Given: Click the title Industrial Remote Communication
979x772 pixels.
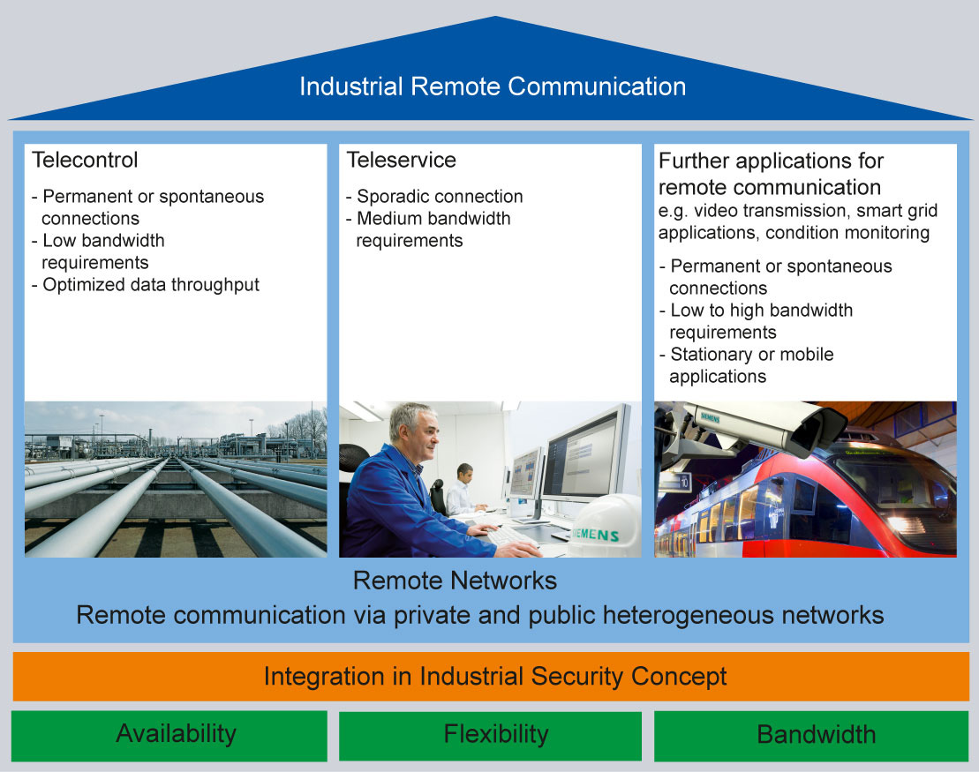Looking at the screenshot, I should point(493,86).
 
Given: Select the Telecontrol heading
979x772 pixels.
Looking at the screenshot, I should point(85,161).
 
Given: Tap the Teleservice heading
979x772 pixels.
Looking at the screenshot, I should point(401,161).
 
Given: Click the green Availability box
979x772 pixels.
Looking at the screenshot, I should point(176,734).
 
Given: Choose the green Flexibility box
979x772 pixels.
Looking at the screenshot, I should point(496,734).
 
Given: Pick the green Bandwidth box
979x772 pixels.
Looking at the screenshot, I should point(817,735).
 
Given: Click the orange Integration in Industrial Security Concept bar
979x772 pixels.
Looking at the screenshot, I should point(494,677).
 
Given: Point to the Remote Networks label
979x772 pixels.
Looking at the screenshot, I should point(455,581).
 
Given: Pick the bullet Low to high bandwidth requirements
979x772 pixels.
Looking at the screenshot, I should point(761,321).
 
